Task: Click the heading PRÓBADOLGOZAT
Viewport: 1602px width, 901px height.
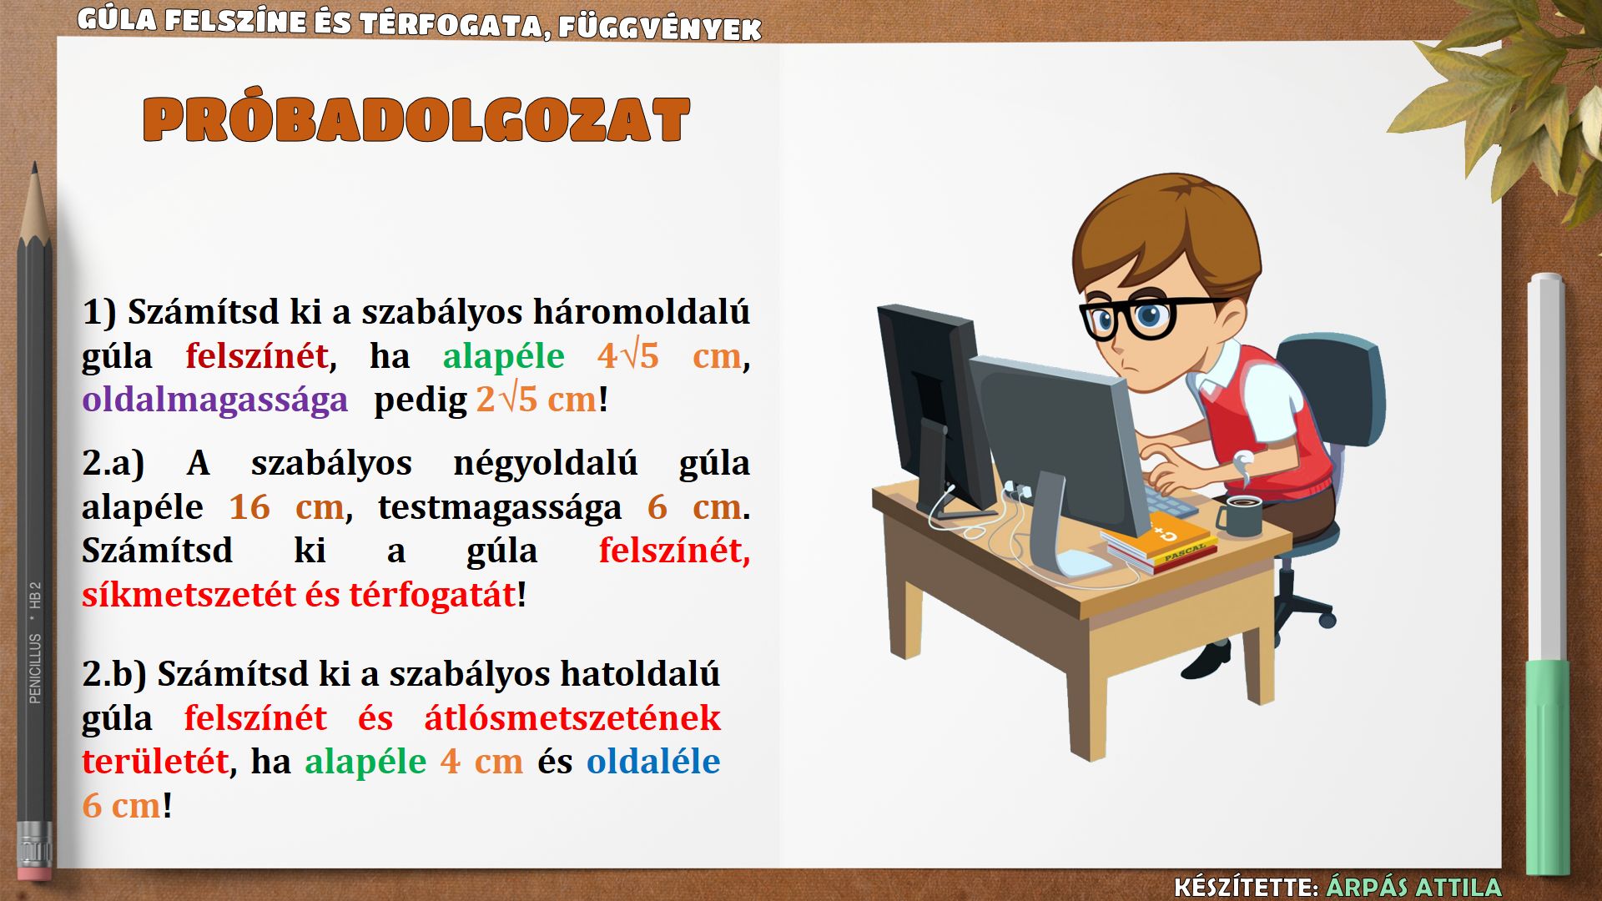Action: point(416,120)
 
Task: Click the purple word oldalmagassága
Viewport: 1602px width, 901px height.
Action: point(214,400)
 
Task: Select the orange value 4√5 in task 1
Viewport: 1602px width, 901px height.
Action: point(627,356)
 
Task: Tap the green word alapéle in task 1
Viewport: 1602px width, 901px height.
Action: point(503,356)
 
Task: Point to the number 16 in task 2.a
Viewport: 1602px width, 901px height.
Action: point(249,507)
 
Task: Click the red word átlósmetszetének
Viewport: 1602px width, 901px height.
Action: point(572,718)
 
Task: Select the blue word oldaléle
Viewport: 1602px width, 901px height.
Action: point(653,762)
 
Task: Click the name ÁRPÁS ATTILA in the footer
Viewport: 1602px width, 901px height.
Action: point(1413,887)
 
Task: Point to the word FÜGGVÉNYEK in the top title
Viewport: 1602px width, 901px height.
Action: point(660,28)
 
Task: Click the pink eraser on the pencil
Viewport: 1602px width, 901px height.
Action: point(34,873)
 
